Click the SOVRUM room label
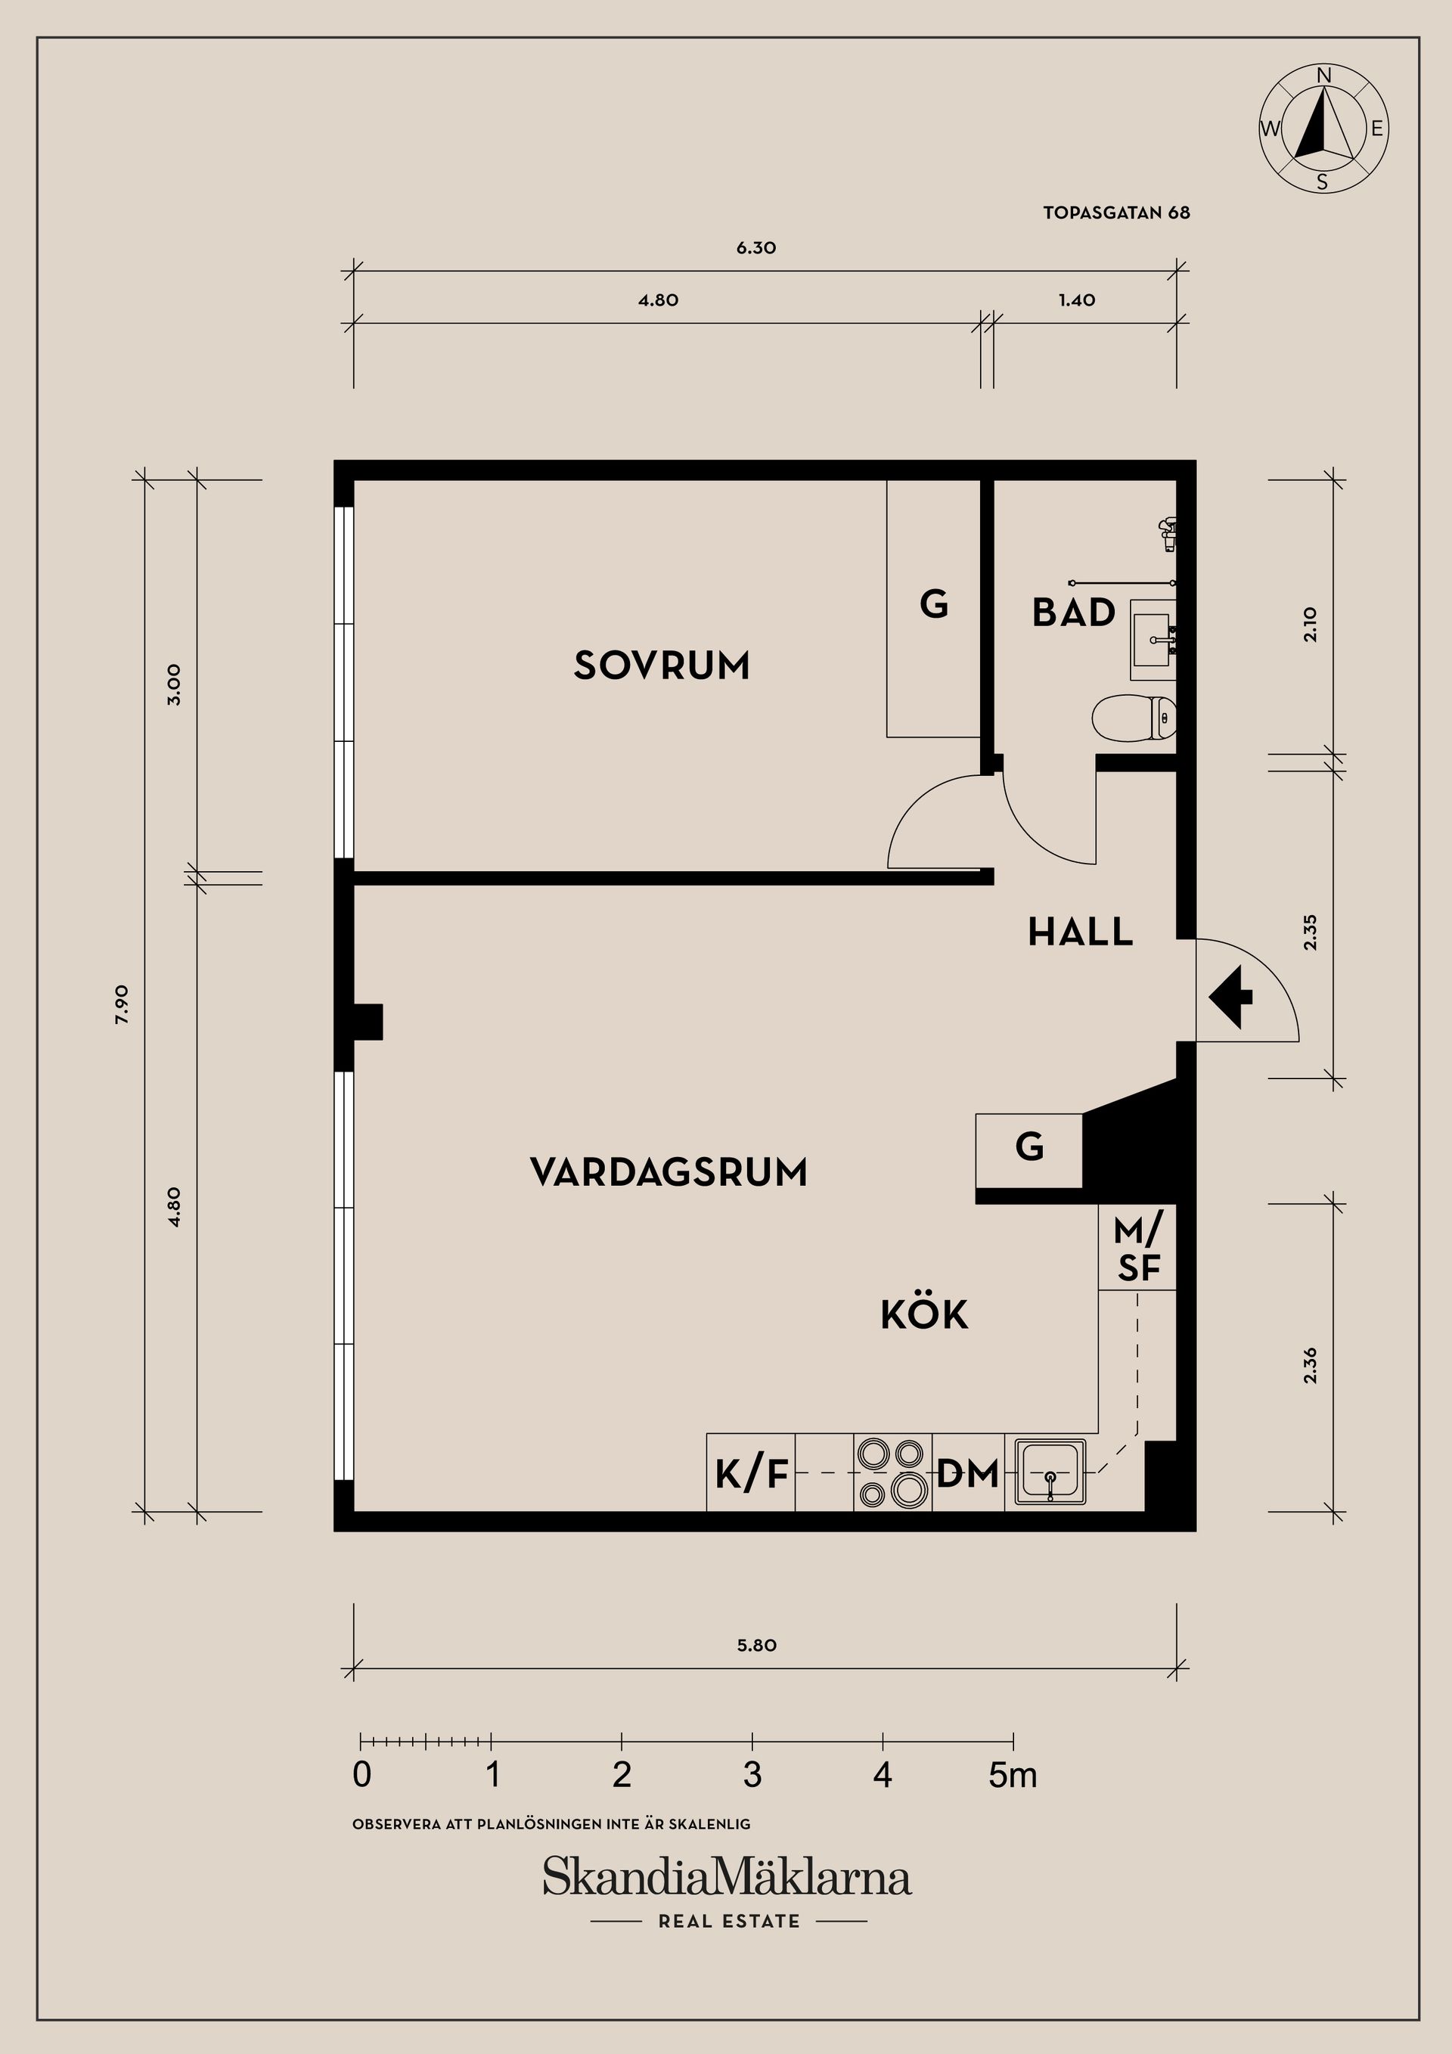(661, 666)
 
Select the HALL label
(1080, 932)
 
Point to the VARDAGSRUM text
(669, 1172)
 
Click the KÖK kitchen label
(924, 1315)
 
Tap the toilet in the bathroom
(1134, 718)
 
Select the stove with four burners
(892, 1472)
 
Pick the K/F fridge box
(751, 1473)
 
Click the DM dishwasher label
(967, 1472)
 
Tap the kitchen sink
(1050, 1472)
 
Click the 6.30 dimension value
(756, 248)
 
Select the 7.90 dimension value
(123, 1004)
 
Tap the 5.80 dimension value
(756, 1645)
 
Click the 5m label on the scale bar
(1013, 1775)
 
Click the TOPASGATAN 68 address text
(1115, 213)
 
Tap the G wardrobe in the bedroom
(933, 606)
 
